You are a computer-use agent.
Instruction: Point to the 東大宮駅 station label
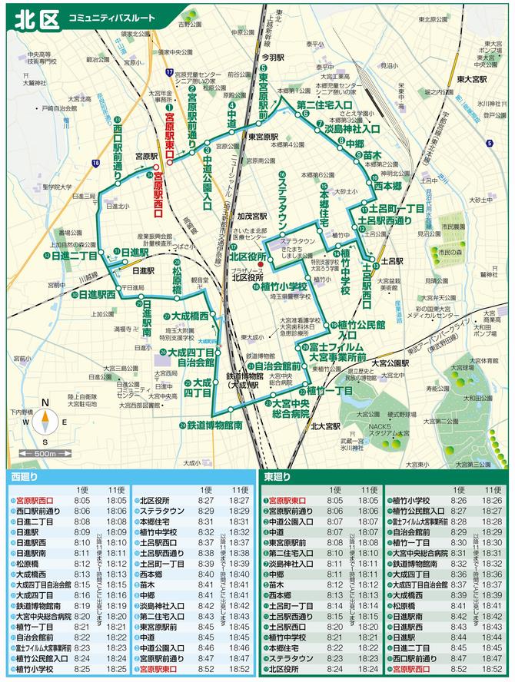[x=470, y=79]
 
